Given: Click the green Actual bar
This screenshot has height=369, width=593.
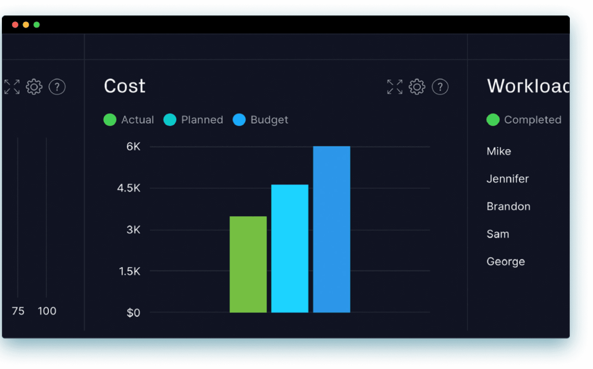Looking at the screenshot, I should pyautogui.click(x=248, y=264).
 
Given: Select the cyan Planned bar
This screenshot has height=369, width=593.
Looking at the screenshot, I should pyautogui.click(x=290, y=248).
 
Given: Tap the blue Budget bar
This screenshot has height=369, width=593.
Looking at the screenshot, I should pyautogui.click(x=331, y=229).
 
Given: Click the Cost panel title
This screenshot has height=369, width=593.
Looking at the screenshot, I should pyautogui.click(x=124, y=86).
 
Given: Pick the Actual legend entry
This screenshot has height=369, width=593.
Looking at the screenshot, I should pyautogui.click(x=129, y=120).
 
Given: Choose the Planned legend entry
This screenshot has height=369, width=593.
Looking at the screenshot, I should pyautogui.click(x=193, y=120).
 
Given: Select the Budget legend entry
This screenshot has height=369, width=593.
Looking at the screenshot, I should pyautogui.click(x=261, y=120).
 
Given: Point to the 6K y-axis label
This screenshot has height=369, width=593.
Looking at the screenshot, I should pyautogui.click(x=133, y=147).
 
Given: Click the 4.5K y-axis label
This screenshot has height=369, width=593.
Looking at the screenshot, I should pyautogui.click(x=129, y=188).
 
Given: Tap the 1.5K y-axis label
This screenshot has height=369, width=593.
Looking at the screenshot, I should pyautogui.click(x=129, y=271).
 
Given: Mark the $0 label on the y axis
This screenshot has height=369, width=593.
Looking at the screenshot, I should pyautogui.click(x=133, y=313).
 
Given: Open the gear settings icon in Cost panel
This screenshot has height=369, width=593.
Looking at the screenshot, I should pyautogui.click(x=417, y=87).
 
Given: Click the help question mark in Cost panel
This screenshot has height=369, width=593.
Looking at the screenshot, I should pyautogui.click(x=440, y=87).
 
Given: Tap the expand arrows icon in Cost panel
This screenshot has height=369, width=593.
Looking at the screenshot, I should pyautogui.click(x=395, y=87).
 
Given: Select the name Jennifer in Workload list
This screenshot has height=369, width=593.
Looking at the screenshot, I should pyautogui.click(x=507, y=179).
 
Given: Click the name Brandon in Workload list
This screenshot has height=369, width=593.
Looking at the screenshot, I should pyautogui.click(x=508, y=207).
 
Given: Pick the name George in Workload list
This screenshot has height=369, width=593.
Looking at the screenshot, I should pyautogui.click(x=505, y=262).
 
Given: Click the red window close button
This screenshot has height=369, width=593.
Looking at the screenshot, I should pyautogui.click(x=15, y=25).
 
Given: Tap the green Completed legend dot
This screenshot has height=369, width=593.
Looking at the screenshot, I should pyautogui.click(x=493, y=120).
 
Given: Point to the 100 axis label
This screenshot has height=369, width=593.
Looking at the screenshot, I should pyautogui.click(x=47, y=311).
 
